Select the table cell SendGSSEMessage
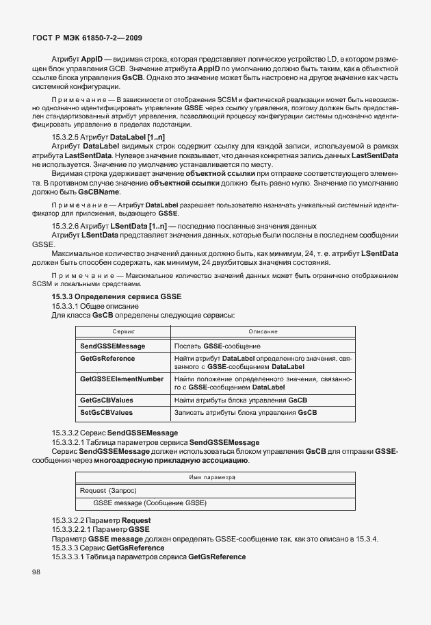tap(112, 347)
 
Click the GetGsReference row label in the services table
tap(107, 359)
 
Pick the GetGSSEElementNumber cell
tap(122, 379)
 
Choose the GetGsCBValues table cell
tap(106, 399)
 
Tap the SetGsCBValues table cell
tap(106, 413)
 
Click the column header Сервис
tap(122, 331)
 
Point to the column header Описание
tap(263, 331)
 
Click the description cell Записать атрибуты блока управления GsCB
tap(246, 413)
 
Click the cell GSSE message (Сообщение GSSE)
tap(150, 504)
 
